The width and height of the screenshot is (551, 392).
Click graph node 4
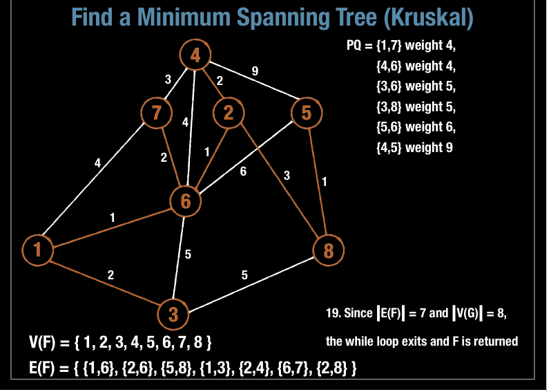coord(195,55)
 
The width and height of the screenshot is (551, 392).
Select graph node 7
coord(155,113)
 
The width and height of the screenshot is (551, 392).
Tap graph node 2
coord(229,113)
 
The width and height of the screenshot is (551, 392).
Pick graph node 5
coord(307,112)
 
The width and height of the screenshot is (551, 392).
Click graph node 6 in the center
coord(185,201)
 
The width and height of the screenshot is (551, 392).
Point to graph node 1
coord(37,250)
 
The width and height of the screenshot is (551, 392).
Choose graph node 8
coord(328,250)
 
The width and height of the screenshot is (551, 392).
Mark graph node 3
coord(173,315)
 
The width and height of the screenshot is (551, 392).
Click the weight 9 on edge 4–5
coord(255,71)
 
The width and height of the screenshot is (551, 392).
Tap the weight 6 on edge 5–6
coord(243,172)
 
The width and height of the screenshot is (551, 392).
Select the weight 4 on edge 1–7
coord(97,163)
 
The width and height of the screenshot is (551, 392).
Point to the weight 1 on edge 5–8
coord(324,183)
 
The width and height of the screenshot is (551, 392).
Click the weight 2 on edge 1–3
coord(110,274)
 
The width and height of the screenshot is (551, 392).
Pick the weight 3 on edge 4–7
coord(168,80)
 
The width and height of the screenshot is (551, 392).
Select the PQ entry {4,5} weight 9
coord(414,147)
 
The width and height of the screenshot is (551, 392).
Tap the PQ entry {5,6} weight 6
coord(416,127)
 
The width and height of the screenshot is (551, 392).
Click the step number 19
coord(332,313)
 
